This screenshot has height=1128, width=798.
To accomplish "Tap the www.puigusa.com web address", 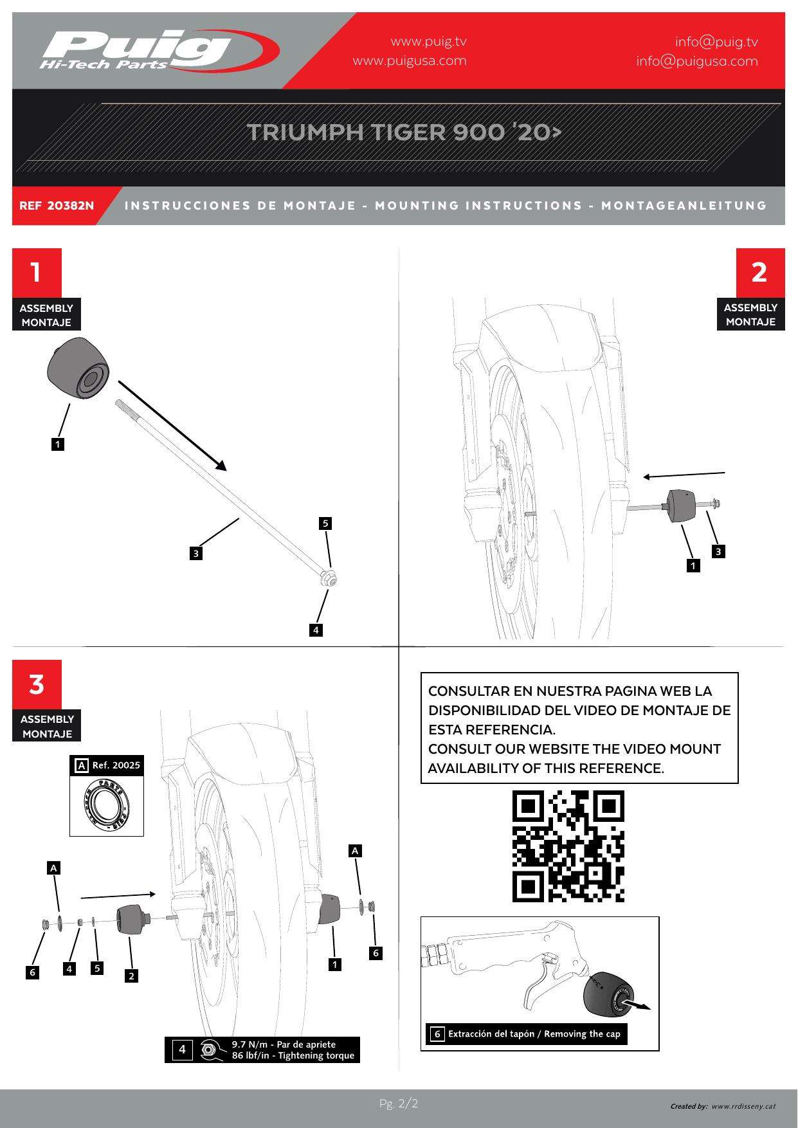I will (410, 61).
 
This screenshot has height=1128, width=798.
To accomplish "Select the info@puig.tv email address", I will (716, 42).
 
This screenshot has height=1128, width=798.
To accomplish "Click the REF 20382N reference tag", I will (57, 206).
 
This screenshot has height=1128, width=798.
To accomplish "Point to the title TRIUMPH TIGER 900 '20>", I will (404, 132).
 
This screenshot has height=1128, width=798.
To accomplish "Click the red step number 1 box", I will (37, 272).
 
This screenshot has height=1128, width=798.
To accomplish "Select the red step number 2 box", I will (759, 272).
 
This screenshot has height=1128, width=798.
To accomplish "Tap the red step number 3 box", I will (37, 684).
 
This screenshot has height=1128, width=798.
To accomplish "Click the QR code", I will (568, 846).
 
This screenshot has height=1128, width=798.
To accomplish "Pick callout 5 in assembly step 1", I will (325, 523).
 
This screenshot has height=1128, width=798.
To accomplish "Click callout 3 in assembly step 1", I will (196, 553).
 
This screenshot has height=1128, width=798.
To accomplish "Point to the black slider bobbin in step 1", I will (78, 369).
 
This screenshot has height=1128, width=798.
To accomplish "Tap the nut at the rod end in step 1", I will (329, 578).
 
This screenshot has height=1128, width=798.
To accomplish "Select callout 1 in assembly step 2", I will (693, 566).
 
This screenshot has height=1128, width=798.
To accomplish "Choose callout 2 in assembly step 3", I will (131, 976).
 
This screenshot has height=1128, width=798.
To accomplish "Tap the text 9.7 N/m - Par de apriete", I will (284, 1044).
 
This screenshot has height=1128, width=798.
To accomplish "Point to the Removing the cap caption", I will (534, 1034).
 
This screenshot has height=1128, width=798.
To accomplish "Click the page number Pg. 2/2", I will (399, 1104).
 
